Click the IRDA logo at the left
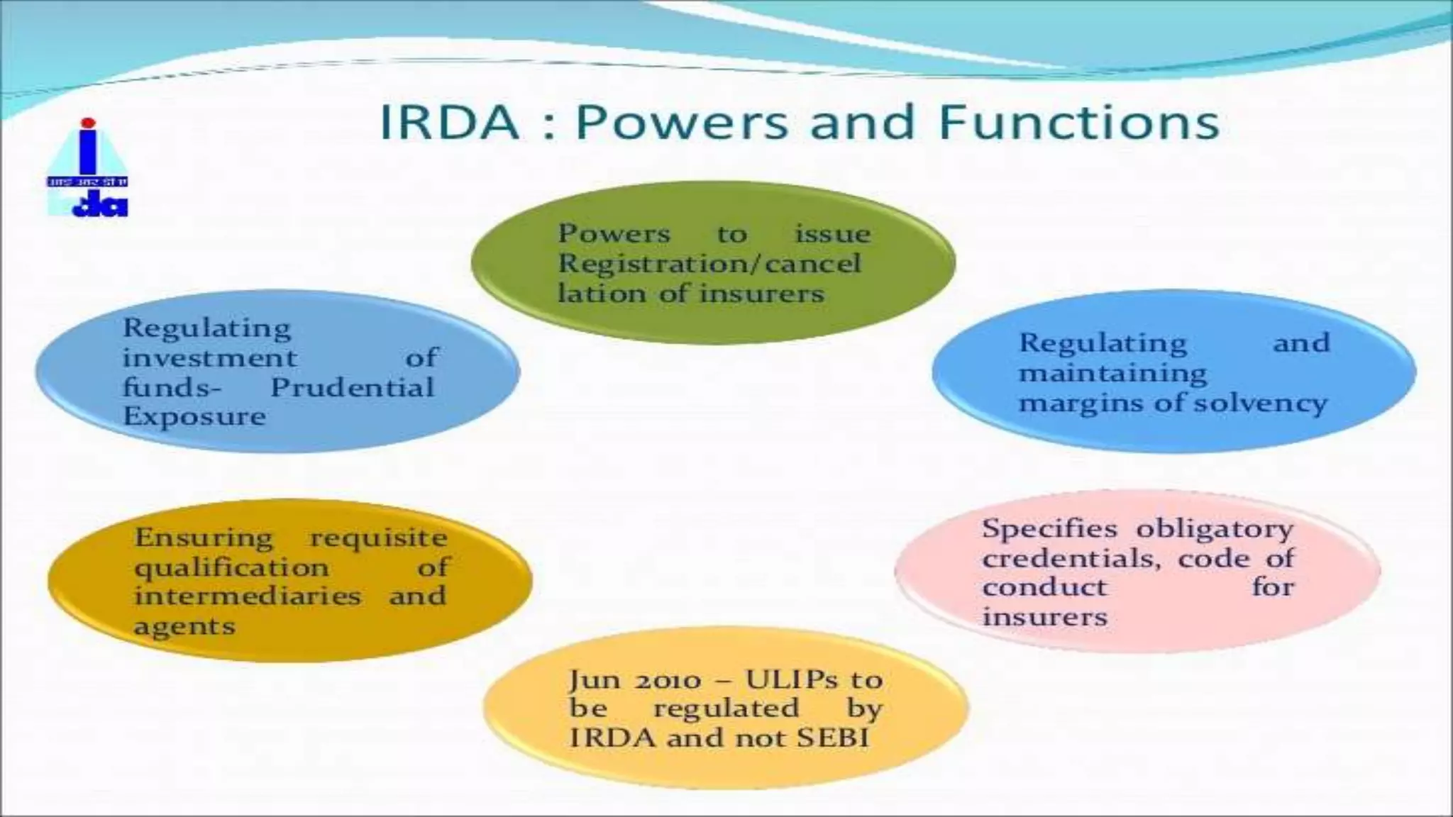(87, 169)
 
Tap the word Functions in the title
(1078, 122)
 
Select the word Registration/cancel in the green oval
(709, 264)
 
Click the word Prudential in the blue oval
(352, 388)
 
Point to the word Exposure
(194, 416)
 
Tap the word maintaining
(1112, 374)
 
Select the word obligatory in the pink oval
(1214, 529)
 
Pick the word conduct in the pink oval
(1044, 588)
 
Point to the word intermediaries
(247, 596)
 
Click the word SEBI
(832, 738)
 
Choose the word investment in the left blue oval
(209, 358)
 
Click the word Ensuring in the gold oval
(204, 538)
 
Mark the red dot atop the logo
(87, 123)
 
